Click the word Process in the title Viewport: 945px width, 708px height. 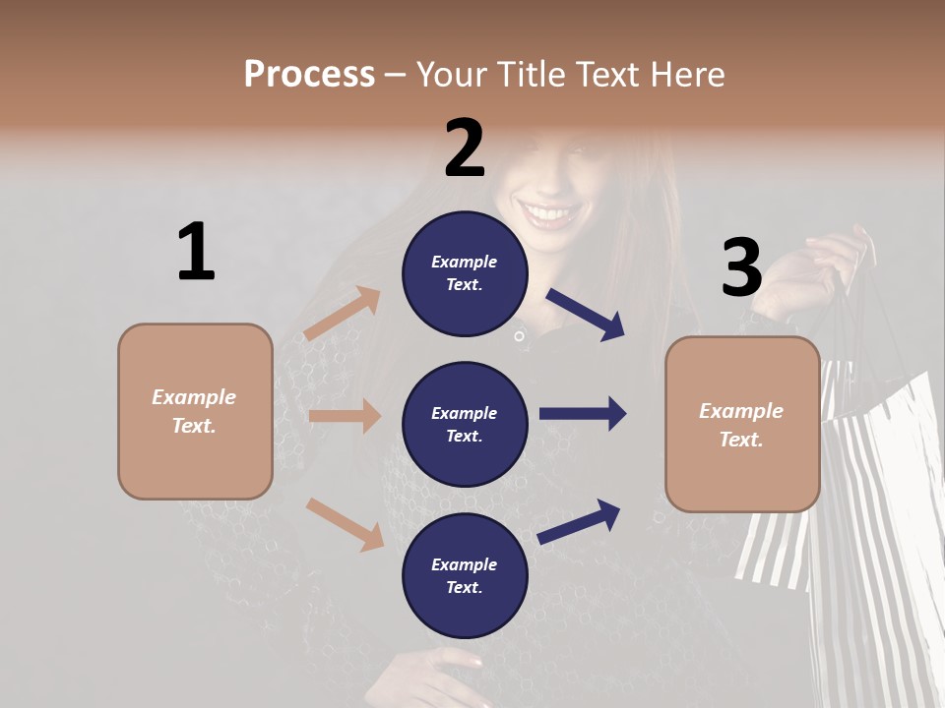pyautogui.click(x=309, y=74)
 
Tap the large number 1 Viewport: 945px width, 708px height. pyautogui.click(x=196, y=252)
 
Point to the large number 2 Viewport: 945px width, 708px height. pyautogui.click(x=465, y=147)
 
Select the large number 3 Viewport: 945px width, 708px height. pyautogui.click(x=741, y=266)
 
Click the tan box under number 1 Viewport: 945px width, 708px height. pyautogui.click(x=195, y=411)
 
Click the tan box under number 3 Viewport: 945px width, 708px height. pyautogui.click(x=742, y=424)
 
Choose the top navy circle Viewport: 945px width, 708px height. pyautogui.click(x=465, y=273)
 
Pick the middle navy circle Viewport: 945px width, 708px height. pyautogui.click(x=465, y=424)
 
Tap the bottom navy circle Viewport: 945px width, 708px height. pyautogui.click(x=465, y=575)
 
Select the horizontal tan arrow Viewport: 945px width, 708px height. pyautogui.click(x=345, y=416)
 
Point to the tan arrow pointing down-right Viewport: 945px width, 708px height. pyautogui.click(x=345, y=523)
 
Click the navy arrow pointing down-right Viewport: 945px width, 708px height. pyautogui.click(x=586, y=314)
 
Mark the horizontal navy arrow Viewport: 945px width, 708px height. pyautogui.click(x=583, y=414)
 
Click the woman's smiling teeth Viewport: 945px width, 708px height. pyautogui.click(x=552, y=212)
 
